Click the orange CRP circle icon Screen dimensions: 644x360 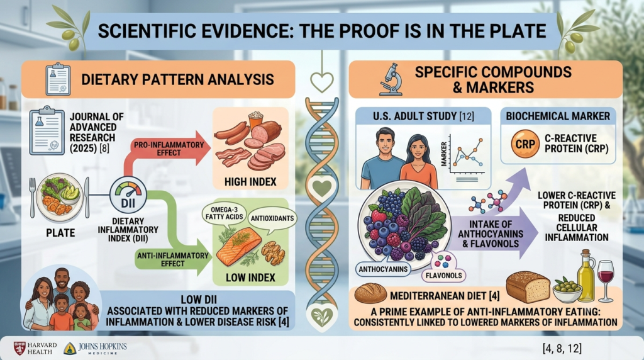(525, 144)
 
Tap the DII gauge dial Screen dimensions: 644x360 (128, 195)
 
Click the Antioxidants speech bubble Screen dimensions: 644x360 (272, 218)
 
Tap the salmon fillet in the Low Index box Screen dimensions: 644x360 (238, 247)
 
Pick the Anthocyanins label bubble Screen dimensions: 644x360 (383, 269)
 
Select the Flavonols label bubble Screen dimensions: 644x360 (443, 275)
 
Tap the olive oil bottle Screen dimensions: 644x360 (586, 274)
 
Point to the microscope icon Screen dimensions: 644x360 (391, 79)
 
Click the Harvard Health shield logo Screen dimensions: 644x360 (19, 348)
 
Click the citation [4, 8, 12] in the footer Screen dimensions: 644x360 (562, 349)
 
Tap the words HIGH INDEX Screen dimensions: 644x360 (250, 182)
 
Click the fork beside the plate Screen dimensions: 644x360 (33, 197)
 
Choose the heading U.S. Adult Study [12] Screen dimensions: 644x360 (423, 116)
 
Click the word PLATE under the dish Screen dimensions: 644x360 (60, 233)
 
